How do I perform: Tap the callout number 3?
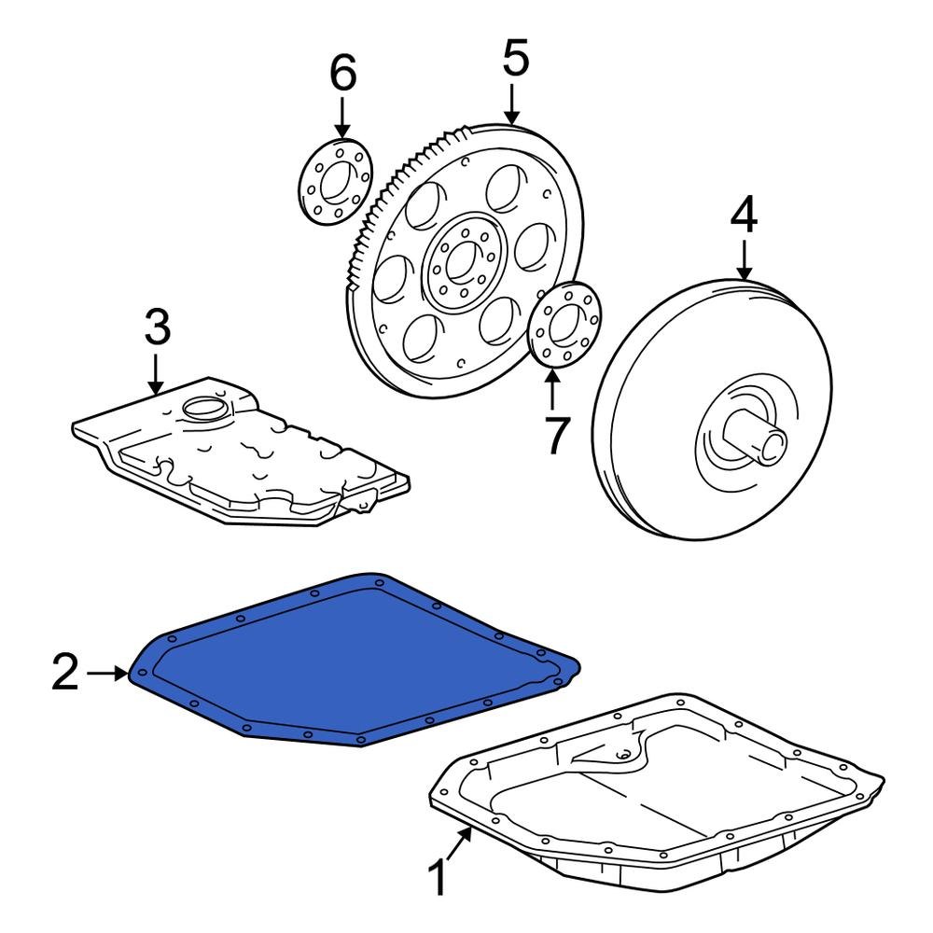click(x=157, y=327)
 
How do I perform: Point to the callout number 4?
click(x=744, y=216)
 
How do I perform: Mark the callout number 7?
click(x=554, y=436)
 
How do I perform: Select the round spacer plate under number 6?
click(x=335, y=182)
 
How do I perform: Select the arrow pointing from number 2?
click(x=107, y=673)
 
